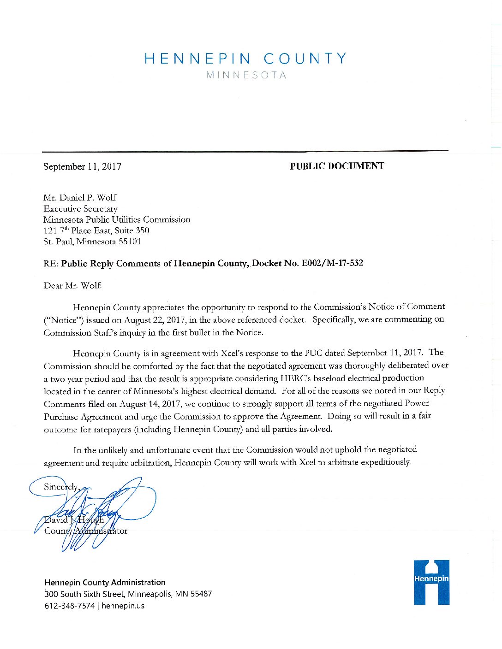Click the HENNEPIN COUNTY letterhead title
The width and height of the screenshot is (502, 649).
[x=245, y=59]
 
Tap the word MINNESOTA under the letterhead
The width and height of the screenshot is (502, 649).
[x=246, y=75]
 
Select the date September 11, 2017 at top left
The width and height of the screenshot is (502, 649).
[x=82, y=166]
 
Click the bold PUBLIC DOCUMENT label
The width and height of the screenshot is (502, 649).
[x=337, y=166]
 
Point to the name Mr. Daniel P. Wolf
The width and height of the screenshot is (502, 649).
[x=80, y=198]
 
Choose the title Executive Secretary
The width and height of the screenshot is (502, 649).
[x=80, y=209]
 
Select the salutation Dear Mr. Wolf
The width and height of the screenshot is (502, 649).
[x=72, y=285]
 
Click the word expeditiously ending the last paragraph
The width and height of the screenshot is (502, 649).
[x=386, y=462]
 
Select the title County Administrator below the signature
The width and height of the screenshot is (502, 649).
[x=86, y=531]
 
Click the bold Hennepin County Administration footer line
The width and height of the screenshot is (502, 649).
[x=105, y=582]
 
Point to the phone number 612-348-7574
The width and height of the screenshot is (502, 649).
[x=70, y=606]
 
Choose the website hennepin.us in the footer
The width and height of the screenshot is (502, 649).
[x=123, y=606]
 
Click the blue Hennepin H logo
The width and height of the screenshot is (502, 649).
[x=431, y=582]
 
